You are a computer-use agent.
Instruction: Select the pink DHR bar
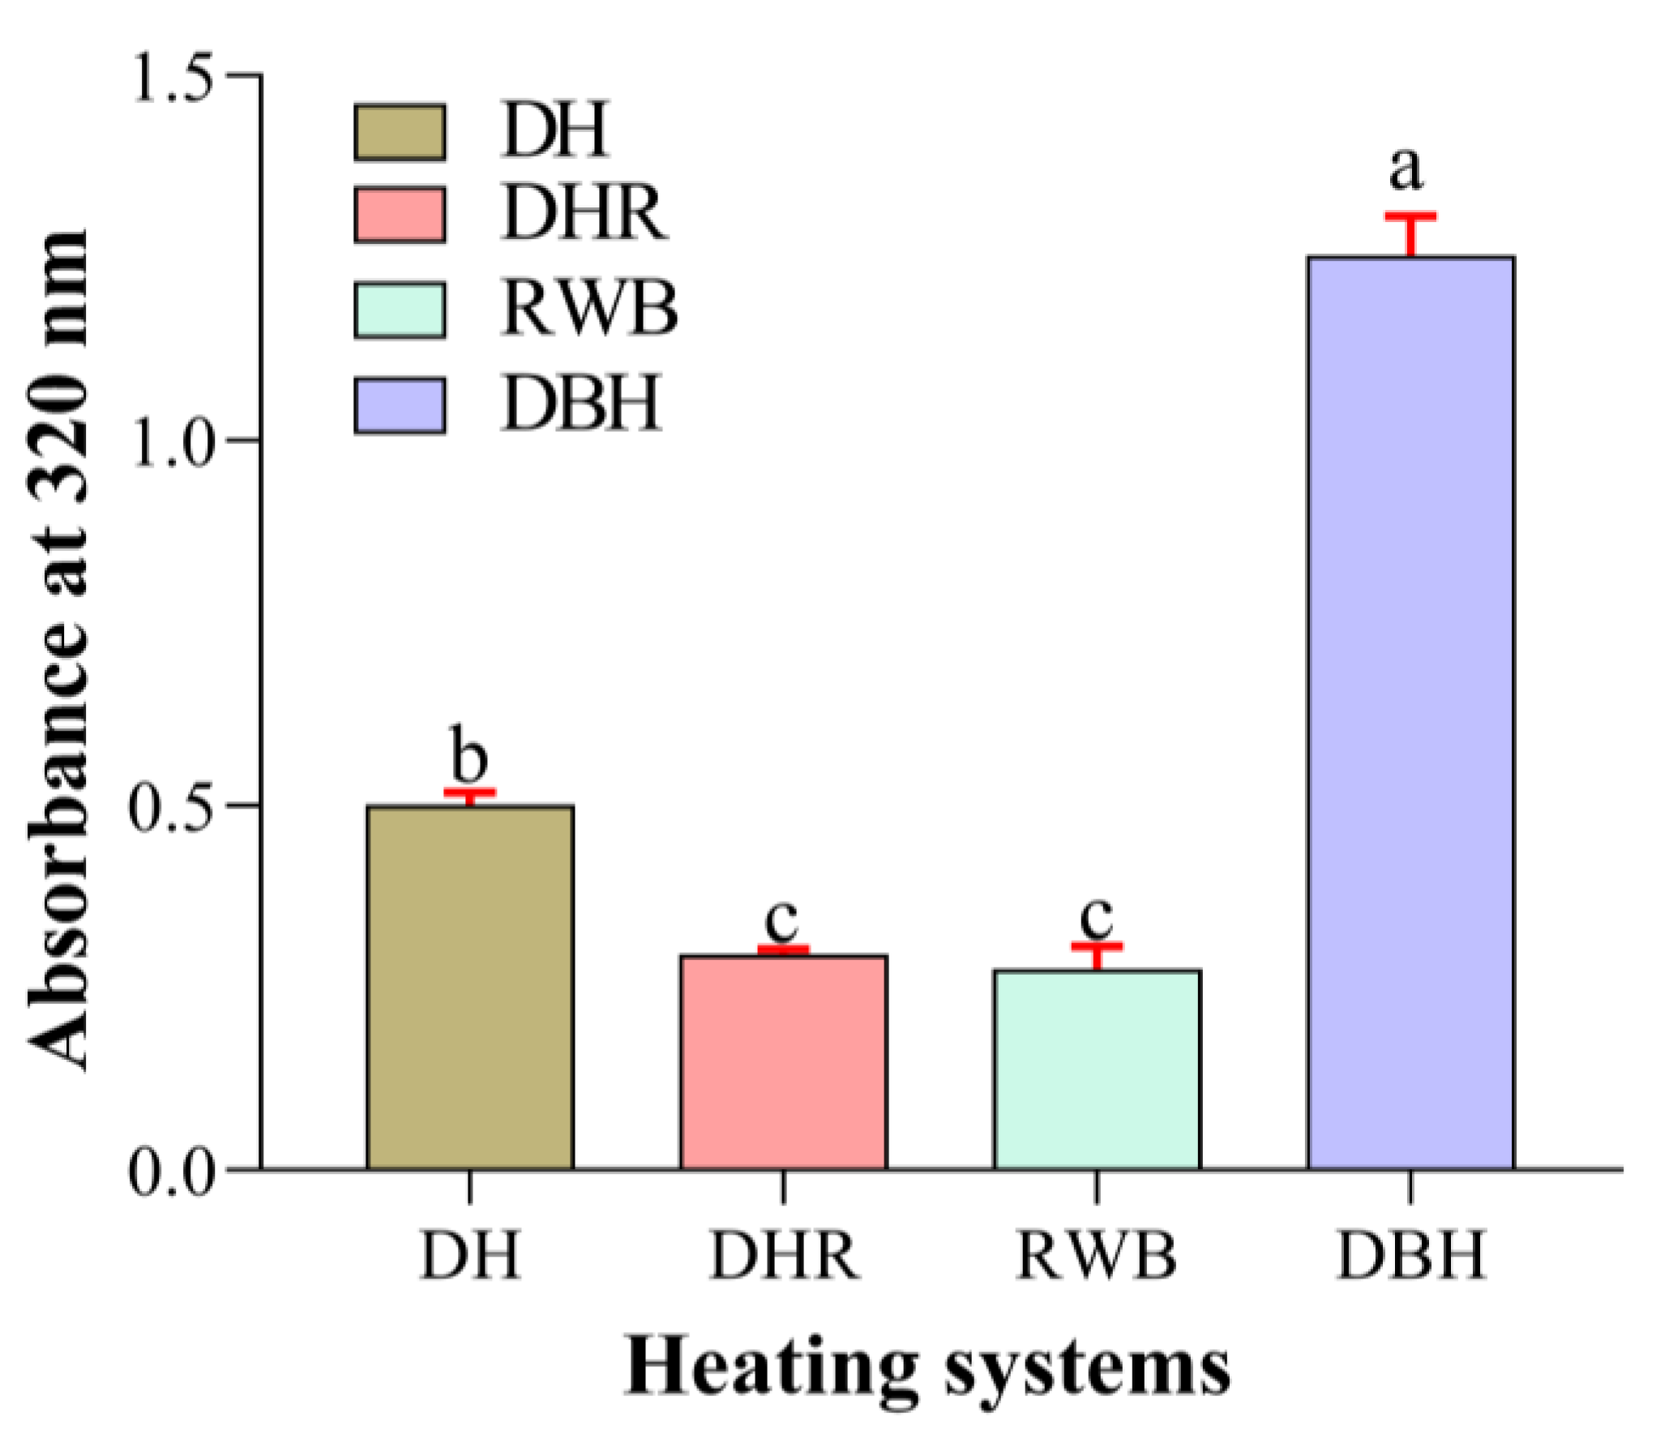[x=783, y=1061]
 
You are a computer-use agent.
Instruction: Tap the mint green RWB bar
[x=1097, y=1069]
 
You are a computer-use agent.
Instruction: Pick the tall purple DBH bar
[x=1410, y=713]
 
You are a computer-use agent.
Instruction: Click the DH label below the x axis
[x=469, y=1255]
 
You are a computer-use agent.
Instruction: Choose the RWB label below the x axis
[x=1096, y=1255]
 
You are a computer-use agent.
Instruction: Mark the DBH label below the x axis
[x=1410, y=1255]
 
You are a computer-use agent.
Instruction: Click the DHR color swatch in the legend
[x=400, y=215]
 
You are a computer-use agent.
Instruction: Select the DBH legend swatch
[x=400, y=406]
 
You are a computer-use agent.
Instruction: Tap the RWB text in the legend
[x=589, y=309]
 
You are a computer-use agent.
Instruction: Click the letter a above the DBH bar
[x=1406, y=169]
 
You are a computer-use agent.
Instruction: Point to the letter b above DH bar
[x=469, y=754]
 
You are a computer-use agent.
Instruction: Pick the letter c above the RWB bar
[x=1097, y=916]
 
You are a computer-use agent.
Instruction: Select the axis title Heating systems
[x=927, y=1368]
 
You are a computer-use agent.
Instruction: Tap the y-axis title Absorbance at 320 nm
[x=58, y=648]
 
